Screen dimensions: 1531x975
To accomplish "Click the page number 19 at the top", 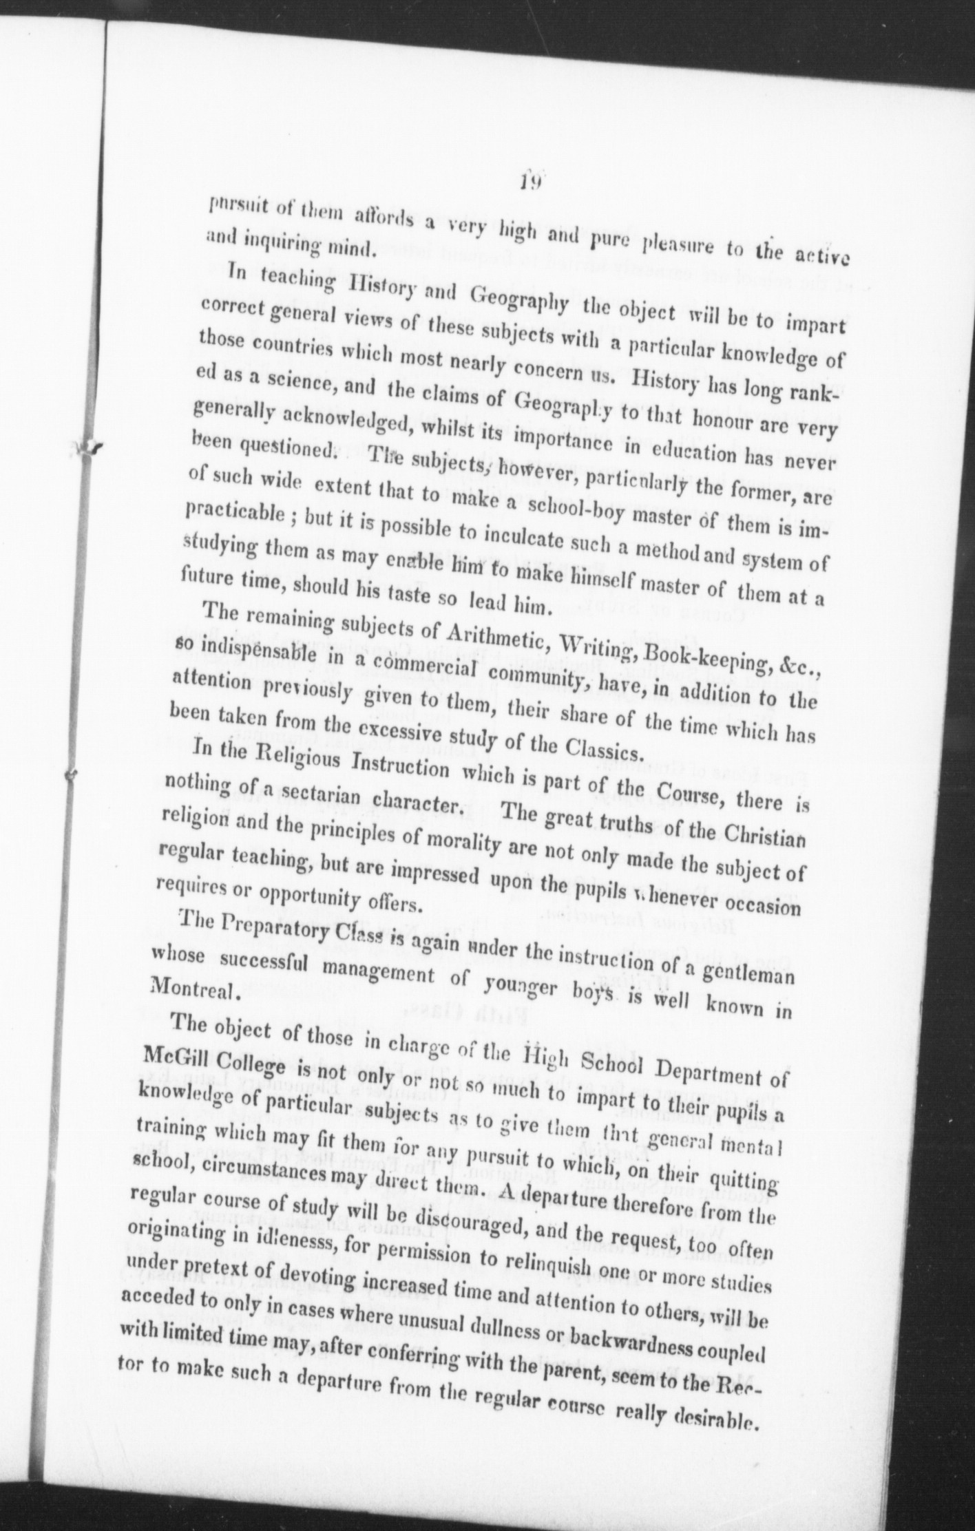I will pos(531,182).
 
